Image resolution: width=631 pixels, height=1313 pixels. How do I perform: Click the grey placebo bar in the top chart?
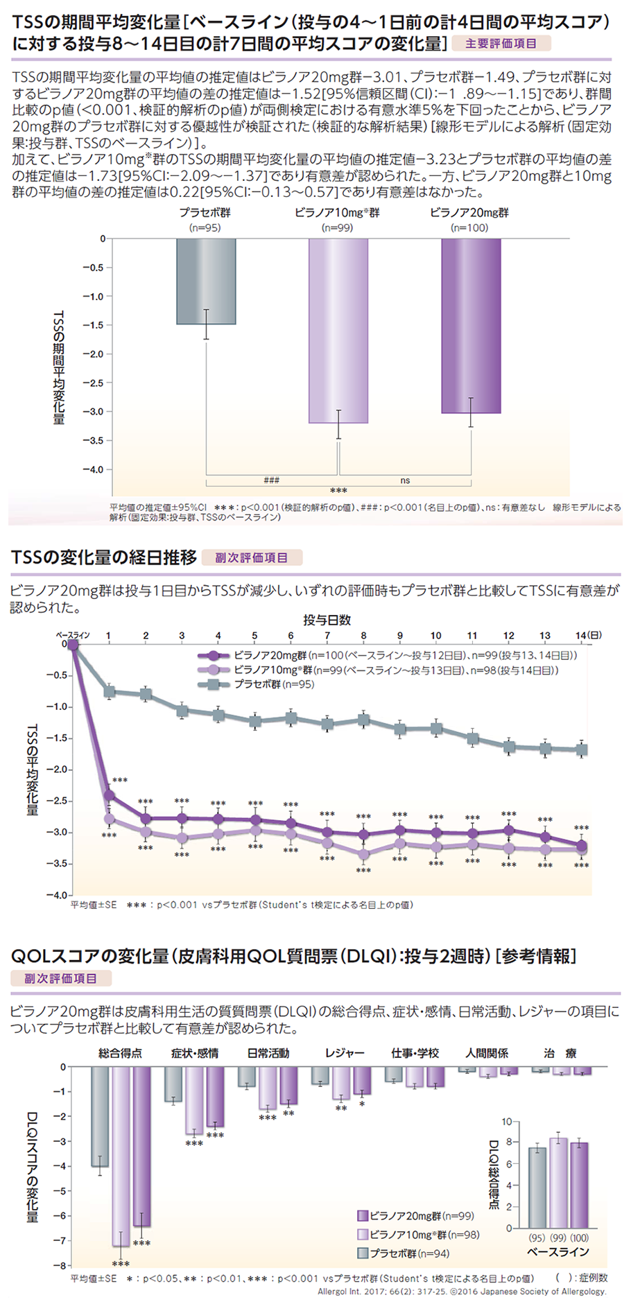pyautogui.click(x=206, y=281)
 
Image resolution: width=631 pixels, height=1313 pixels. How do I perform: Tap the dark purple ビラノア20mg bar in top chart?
pyautogui.click(x=471, y=326)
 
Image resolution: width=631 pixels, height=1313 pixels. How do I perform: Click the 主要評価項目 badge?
pyautogui.click(x=501, y=44)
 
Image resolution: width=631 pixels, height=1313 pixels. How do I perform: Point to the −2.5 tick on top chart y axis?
pyautogui.click(x=93, y=383)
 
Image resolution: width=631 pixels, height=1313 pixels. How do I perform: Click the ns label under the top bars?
pyautogui.click(x=405, y=480)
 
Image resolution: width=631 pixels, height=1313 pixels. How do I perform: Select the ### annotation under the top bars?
pyautogui.click(x=272, y=480)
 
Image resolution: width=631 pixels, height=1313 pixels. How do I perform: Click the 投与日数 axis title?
pyautogui.click(x=327, y=619)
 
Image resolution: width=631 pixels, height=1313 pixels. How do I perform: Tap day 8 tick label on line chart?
pyautogui.click(x=363, y=635)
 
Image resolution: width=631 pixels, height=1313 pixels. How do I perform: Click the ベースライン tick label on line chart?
pyautogui.click(x=73, y=635)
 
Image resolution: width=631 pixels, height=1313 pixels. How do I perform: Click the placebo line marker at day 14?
pyautogui.click(x=582, y=749)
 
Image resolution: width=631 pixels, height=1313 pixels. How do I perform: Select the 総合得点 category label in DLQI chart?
pyautogui.click(x=121, y=1053)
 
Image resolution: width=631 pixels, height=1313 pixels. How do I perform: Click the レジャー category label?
pyautogui.click(x=345, y=1053)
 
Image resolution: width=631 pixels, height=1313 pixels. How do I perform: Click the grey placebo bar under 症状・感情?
pyautogui.click(x=173, y=1084)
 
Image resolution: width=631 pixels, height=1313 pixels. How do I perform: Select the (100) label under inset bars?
pyautogui.click(x=579, y=1237)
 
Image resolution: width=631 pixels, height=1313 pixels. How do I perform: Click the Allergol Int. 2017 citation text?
pyautogui.click(x=462, y=1292)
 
